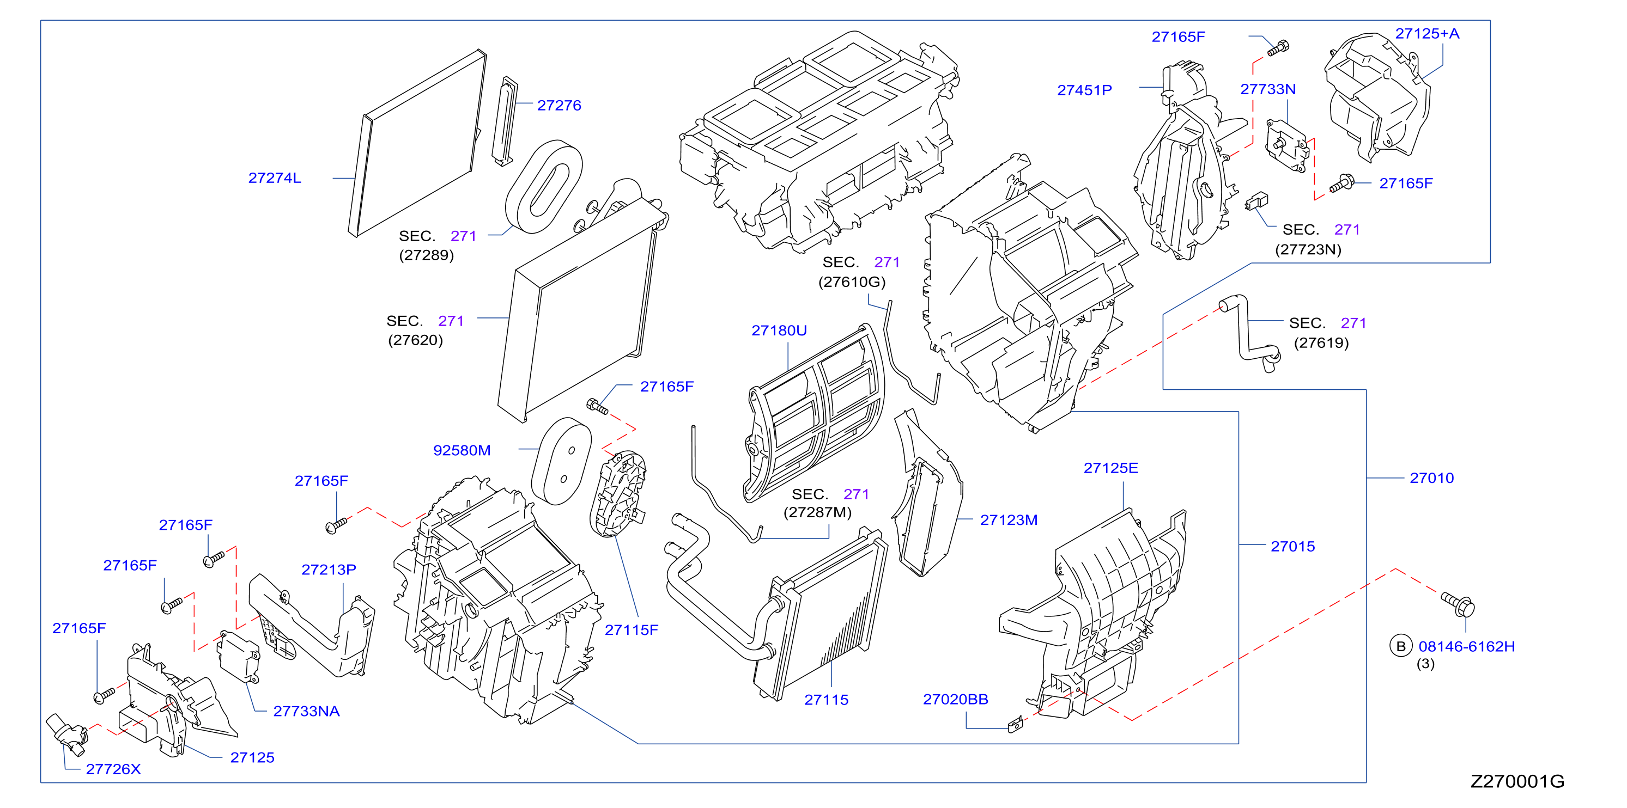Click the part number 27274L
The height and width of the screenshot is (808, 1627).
point(275,178)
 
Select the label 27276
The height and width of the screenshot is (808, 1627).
point(559,106)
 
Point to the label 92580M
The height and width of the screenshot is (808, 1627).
point(462,450)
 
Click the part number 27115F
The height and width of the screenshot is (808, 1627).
point(632,629)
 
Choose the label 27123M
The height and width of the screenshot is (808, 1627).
point(1009,519)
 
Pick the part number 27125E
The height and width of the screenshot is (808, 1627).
point(1111,468)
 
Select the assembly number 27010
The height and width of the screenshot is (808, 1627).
point(1432,478)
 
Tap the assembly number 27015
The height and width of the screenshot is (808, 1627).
point(1293,546)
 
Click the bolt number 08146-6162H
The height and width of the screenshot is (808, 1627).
point(1467,646)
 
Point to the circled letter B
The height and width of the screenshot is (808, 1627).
point(1401,646)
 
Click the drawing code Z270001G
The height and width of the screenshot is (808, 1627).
point(1517,781)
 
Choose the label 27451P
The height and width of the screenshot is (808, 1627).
point(1084,90)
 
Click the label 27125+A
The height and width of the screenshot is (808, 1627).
point(1428,33)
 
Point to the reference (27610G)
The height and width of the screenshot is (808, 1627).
point(852,281)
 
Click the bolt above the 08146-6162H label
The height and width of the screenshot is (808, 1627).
point(1459,604)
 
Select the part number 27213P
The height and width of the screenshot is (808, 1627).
point(329,570)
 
